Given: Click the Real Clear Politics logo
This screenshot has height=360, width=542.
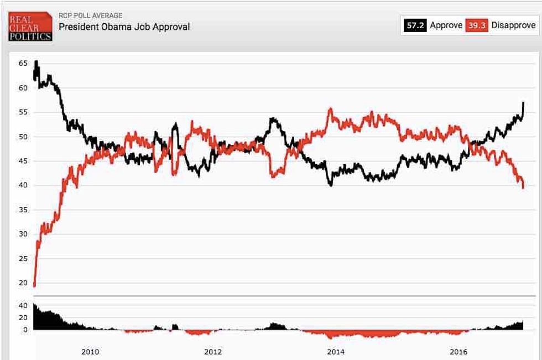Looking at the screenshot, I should pos(30,26).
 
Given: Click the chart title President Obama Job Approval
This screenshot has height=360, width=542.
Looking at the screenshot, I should pos(124,27).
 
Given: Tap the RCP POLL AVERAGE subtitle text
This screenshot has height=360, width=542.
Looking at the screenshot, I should pos(90,15).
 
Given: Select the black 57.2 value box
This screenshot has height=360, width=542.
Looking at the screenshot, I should pos(415,25).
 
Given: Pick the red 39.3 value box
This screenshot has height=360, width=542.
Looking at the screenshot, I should pos(476,25).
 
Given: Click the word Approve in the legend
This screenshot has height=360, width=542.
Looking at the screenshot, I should pos(446,25).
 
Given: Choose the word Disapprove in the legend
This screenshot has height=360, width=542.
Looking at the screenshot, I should pos(513,25).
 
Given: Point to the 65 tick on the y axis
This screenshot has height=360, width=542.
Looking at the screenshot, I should pos(23,64).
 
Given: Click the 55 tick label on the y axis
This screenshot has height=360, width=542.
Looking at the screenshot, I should pos(23,112).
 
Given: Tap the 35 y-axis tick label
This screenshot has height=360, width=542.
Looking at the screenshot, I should pos(23,210).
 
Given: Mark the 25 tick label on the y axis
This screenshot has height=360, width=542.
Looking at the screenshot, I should pos(23,258).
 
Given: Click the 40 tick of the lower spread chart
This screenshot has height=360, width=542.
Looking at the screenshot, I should pos(23,305).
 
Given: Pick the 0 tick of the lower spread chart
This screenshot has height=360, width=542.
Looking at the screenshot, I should pos(25,330).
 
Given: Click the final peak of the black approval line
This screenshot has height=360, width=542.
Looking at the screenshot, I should pos(523,103).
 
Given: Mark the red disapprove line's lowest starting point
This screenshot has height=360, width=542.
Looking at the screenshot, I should pos(34,286).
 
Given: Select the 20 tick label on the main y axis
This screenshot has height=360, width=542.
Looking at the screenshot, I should pos(23,283).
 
